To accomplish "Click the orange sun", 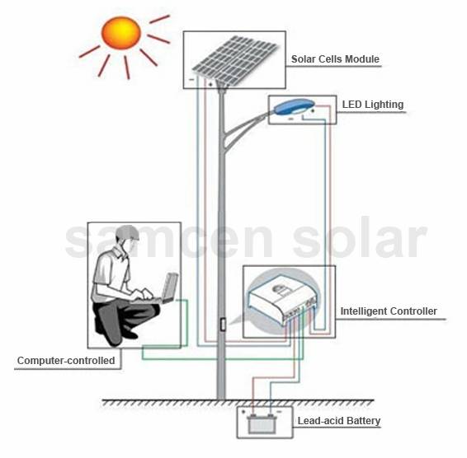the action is (x=121, y=33).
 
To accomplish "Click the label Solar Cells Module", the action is (x=335, y=58).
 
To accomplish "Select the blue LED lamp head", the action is (x=294, y=107).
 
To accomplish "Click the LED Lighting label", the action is (x=373, y=105).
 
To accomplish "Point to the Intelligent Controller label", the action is (x=389, y=311).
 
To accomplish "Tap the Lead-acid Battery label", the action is (x=339, y=421).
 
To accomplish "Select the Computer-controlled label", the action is (x=66, y=361).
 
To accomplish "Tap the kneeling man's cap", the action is (x=128, y=232).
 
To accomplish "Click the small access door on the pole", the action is (x=223, y=325).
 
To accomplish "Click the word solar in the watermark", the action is (x=360, y=238).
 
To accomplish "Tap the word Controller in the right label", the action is (x=413, y=311).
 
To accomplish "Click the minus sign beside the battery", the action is (x=280, y=412).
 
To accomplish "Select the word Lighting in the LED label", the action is (x=384, y=105).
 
